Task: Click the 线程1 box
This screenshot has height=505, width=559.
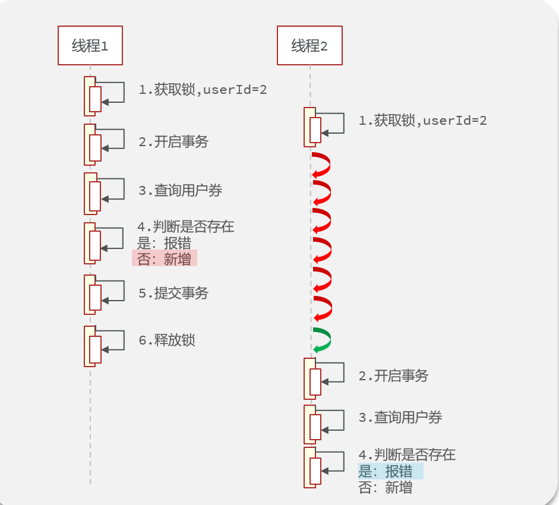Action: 90,46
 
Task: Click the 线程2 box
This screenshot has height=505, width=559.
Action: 309,46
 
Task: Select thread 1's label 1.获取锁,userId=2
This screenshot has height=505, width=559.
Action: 203,90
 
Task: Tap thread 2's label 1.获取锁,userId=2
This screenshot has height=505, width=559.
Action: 422,121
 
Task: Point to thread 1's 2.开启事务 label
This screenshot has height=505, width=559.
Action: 173,141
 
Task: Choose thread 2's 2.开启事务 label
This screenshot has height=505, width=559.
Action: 393,375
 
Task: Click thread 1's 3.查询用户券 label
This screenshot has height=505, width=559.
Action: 181,190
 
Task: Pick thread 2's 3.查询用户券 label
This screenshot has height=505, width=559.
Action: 400,417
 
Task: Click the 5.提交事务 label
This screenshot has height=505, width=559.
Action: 173,293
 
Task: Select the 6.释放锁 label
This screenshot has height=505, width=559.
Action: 167,340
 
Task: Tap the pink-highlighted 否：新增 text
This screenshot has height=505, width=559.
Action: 165,258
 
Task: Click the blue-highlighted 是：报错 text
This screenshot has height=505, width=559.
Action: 390,472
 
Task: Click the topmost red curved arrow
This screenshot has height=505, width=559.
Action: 321,165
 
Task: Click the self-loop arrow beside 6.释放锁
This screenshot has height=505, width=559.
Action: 113,341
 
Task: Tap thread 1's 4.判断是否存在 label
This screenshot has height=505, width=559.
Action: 186,226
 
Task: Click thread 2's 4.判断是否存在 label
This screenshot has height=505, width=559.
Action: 407,455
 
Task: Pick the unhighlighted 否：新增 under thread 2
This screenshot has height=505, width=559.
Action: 386,488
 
